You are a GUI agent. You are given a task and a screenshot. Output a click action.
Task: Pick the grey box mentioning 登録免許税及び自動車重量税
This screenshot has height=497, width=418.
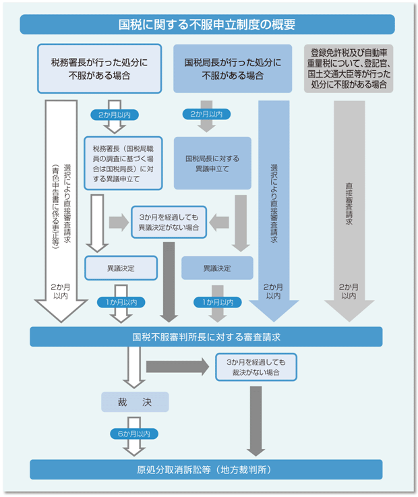349,69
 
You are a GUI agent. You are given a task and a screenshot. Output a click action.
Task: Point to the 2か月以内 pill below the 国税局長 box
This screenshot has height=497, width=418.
206,114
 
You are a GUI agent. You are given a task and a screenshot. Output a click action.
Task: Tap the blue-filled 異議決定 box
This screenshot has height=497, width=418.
216,268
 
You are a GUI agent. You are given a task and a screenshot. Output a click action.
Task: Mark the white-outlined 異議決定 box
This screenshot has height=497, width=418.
121,268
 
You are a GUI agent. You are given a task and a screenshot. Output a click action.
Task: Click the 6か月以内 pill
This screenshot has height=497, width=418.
136,434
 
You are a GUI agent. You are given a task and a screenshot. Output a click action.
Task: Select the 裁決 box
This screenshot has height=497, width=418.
135,402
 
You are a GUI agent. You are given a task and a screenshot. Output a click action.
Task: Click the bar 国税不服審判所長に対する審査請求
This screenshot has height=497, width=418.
206,336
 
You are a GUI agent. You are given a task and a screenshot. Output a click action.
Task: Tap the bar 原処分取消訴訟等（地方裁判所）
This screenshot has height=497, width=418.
206,469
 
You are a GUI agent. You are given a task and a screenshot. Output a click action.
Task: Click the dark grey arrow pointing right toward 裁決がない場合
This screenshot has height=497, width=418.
178,367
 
